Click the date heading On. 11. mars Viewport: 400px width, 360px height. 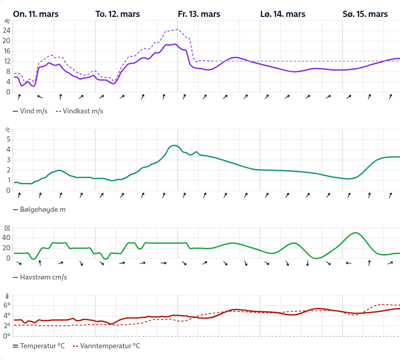click(36, 14)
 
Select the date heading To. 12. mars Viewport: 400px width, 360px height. click(117, 14)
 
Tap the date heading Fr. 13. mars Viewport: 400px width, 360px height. click(199, 14)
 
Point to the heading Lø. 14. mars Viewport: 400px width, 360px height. click(283, 14)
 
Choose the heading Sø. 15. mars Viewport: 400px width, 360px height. click(365, 14)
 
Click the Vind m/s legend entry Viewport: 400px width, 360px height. click(30, 111)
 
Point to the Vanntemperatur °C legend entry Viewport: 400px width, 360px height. click(106, 346)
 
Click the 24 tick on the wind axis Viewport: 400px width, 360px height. click(6, 30)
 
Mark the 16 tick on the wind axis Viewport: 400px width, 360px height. click(6, 51)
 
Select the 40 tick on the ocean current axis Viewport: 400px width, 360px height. click(6, 237)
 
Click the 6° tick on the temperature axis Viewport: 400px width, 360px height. click(7, 305)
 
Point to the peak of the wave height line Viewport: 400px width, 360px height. click(174, 145)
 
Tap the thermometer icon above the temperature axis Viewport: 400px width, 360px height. click(7, 296)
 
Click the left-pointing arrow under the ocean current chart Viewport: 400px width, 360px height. click(349, 263)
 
